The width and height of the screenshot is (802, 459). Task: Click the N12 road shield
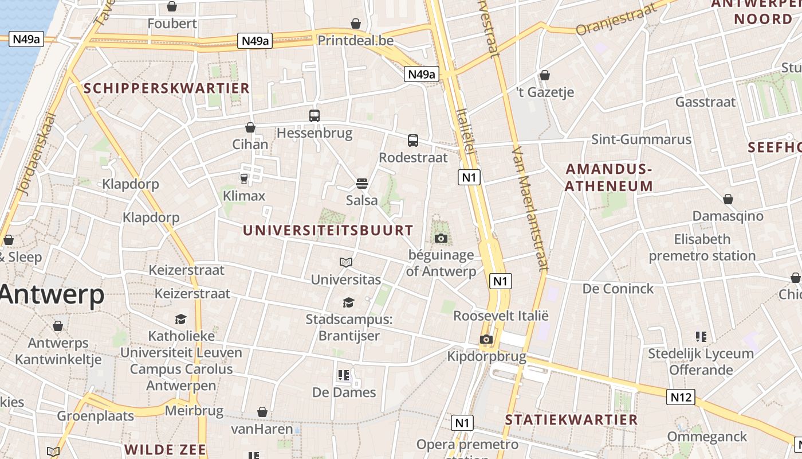(x=681, y=396)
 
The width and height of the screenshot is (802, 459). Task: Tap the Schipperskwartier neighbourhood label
(x=167, y=88)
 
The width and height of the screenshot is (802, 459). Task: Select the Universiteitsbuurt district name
(x=328, y=231)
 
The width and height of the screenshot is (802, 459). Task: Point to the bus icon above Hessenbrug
(x=314, y=115)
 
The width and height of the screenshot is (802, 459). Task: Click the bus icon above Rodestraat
(x=413, y=140)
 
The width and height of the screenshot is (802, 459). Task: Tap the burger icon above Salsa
(x=361, y=183)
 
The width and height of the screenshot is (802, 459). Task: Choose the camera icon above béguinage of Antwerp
(x=441, y=238)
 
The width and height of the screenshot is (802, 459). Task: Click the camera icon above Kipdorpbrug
(x=486, y=339)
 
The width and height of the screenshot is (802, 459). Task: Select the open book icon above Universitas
(x=346, y=262)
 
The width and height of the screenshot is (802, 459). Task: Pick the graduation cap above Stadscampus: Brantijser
(x=348, y=302)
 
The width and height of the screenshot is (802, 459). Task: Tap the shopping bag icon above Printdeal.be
(x=356, y=24)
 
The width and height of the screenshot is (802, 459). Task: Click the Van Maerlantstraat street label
(x=529, y=208)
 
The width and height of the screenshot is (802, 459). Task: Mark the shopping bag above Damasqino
(x=728, y=199)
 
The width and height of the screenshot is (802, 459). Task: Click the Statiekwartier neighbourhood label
(x=571, y=420)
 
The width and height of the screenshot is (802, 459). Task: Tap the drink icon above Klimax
(x=244, y=179)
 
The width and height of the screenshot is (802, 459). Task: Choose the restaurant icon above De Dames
(x=344, y=375)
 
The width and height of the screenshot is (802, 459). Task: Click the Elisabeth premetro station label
(x=702, y=247)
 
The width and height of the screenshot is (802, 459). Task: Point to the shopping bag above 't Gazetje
(x=545, y=75)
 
